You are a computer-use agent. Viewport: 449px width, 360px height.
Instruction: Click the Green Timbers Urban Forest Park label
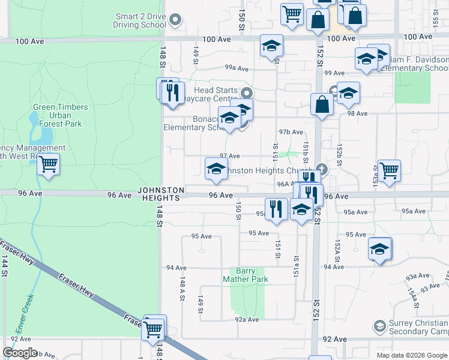coord(60,115)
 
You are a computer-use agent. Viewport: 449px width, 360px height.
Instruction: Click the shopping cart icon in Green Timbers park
coord(48,163)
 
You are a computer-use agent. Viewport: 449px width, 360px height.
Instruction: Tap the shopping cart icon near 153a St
coord(389,171)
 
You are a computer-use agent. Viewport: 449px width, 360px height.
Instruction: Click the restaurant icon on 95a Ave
coord(276,208)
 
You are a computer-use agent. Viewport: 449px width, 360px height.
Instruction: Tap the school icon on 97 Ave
coord(216,169)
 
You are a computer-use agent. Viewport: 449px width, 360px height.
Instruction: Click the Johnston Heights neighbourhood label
coord(160,193)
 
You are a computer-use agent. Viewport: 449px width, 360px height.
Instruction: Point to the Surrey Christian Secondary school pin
coord(379,326)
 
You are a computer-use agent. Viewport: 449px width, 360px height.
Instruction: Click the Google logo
coord(20,353)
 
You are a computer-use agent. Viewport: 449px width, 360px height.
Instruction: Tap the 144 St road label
coord(5,262)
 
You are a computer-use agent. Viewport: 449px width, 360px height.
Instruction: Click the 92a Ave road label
coord(247,320)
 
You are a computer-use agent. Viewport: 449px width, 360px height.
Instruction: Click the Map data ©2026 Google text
coord(411,355)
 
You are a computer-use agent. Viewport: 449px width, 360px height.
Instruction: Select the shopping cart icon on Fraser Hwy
coord(153,328)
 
